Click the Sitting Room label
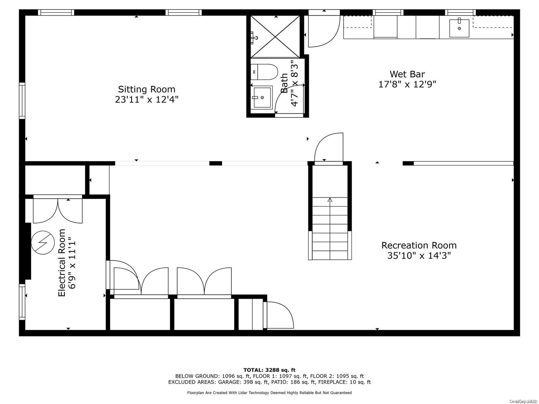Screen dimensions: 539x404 tap(147, 89)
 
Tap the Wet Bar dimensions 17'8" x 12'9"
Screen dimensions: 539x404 tap(407, 84)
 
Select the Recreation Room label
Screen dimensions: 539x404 tap(419, 245)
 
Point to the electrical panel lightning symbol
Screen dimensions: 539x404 tap(43, 242)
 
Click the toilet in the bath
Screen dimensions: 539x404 tap(264, 72)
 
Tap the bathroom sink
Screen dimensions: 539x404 tap(262, 97)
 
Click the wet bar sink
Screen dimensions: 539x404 tap(459, 28)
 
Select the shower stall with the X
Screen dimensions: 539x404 tap(275, 36)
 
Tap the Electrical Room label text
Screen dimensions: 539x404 tap(62, 263)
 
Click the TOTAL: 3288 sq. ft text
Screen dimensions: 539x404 tap(269, 370)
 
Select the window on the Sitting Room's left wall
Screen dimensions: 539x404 tap(22, 101)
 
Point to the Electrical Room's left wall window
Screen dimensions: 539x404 tap(22, 302)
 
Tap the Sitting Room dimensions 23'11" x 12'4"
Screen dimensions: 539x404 tap(147, 100)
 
